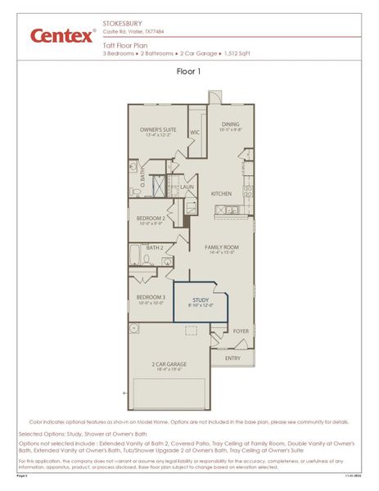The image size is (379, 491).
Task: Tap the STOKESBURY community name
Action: (120, 25)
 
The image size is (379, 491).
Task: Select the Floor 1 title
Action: (188, 71)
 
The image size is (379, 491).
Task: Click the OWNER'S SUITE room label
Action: (158, 128)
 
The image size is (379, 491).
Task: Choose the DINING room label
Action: (231, 124)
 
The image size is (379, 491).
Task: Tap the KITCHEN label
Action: (222, 194)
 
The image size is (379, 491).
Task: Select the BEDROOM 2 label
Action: (151, 218)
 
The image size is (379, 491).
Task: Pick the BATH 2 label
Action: (155, 247)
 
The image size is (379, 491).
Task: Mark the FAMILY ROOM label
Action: (221, 248)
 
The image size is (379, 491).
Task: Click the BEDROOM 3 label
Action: (151, 297)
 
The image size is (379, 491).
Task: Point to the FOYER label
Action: (241, 331)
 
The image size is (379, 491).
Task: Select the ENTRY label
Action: (233, 358)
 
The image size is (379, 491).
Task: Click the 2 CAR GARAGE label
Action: (169, 364)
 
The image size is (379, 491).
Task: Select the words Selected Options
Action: (41, 433)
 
